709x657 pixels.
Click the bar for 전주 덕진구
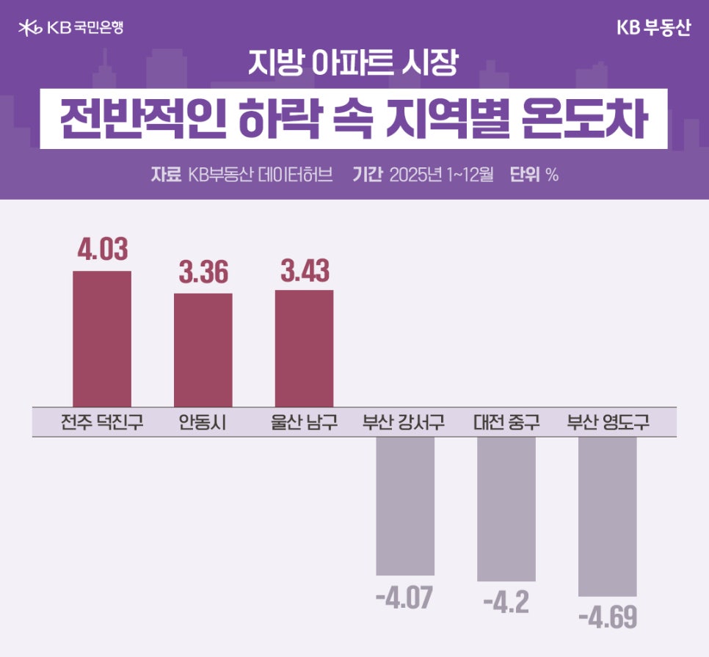pos(102,338)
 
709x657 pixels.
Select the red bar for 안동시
pos(203,349)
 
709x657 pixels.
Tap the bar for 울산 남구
pos(304,348)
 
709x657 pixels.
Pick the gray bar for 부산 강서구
pos(405,506)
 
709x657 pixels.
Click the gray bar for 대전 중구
pos(506,509)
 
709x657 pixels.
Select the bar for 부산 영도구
pos(608,516)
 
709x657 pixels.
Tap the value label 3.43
pos(305,269)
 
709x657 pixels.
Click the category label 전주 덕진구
pos(102,423)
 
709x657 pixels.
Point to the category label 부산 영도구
pos(608,423)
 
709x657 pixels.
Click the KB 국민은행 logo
pos(70,27)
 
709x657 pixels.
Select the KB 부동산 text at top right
pos(653,27)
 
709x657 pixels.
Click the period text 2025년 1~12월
pos(442,175)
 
